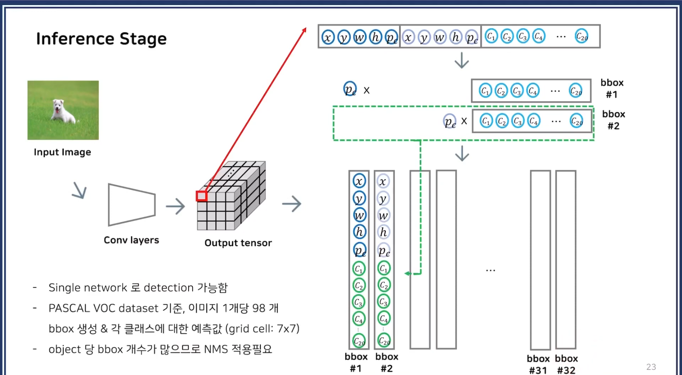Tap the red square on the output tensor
[201, 196]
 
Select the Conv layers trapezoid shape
[131, 205]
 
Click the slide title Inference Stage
[101, 39]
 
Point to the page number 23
[651, 367]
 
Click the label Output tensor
[238, 243]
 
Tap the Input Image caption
[62, 152]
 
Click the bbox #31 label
[538, 364]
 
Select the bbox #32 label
[566, 364]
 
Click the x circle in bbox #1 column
[359, 181]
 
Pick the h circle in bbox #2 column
[383, 232]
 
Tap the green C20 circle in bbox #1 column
[359, 341]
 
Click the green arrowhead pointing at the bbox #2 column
[407, 274]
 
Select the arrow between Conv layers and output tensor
[176, 206]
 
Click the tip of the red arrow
[305, 29]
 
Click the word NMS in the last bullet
[216, 349]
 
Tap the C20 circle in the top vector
[582, 36]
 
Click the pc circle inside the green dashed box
[450, 122]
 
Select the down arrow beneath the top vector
[462, 61]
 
